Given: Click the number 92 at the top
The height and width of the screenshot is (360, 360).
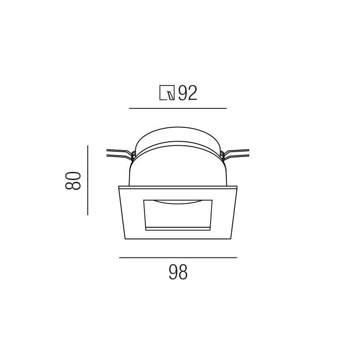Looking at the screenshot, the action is click(x=188, y=93).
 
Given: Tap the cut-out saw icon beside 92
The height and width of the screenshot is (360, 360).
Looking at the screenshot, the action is click(x=167, y=93).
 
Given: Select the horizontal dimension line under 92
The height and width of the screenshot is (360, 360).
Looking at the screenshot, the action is click(x=178, y=108).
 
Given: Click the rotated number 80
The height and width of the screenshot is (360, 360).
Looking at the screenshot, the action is click(x=73, y=180).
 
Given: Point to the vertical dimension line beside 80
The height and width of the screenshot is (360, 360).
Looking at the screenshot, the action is click(x=88, y=180).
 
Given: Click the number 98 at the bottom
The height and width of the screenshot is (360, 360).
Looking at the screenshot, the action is click(x=178, y=272).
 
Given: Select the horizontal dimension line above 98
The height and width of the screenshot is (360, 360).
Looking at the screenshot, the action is click(x=178, y=257).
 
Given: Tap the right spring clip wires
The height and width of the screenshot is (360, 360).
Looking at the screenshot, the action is click(x=235, y=153).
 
